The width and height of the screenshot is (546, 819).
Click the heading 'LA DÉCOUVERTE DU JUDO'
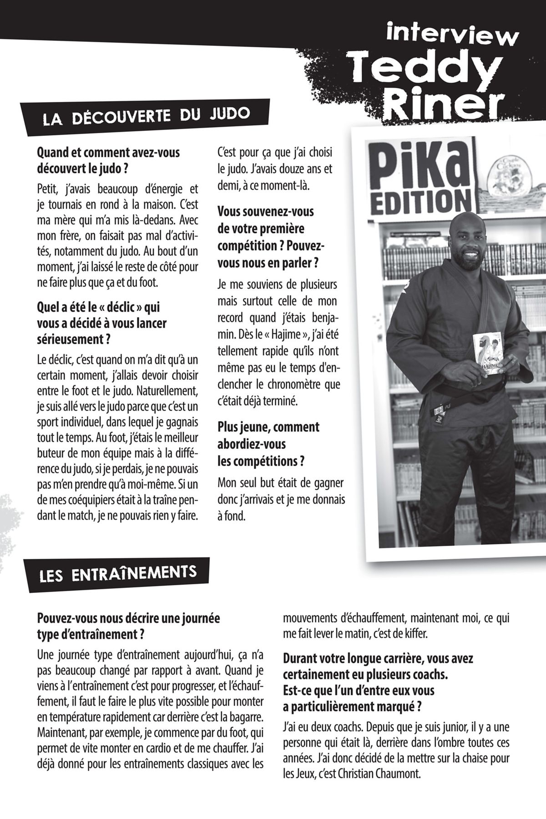pyautogui.click(x=146, y=117)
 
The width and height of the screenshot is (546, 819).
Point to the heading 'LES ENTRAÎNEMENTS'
pyautogui.click(x=118, y=574)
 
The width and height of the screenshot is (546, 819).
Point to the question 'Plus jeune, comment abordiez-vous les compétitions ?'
pyautogui.click(x=268, y=444)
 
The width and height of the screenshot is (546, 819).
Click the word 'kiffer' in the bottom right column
pyautogui.click(x=416, y=633)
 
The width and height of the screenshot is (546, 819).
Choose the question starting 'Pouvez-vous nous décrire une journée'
pyautogui.click(x=128, y=626)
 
